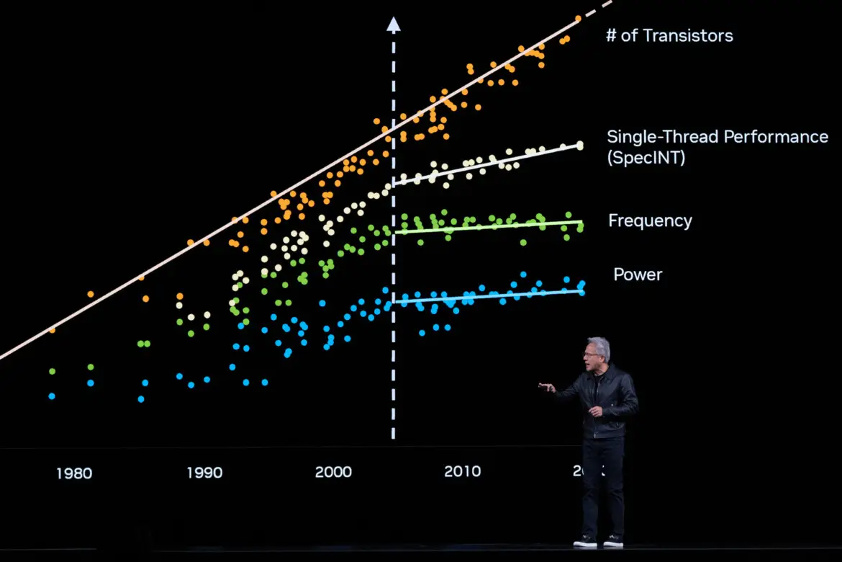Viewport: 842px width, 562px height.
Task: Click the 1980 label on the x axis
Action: [x=73, y=473]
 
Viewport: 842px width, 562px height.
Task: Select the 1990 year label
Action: [x=204, y=473]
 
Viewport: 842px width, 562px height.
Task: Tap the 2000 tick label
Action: [x=333, y=472]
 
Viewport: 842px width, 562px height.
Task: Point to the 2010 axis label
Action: [x=462, y=471]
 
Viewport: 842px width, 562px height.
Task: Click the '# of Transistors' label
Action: [x=669, y=35]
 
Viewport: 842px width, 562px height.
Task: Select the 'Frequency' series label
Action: [x=650, y=220]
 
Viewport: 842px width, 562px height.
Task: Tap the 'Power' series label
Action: [x=638, y=275]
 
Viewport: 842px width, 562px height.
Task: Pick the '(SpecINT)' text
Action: [x=646, y=158]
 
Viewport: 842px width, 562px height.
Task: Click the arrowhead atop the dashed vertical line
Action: [x=393, y=24]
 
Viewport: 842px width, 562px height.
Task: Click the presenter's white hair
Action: [x=599, y=347]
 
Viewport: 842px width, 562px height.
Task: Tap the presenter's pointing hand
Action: [x=546, y=387]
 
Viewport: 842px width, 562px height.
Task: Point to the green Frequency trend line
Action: [x=489, y=227]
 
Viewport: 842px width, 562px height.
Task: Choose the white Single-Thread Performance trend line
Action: [x=489, y=164]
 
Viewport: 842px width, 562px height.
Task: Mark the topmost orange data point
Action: [x=578, y=19]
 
